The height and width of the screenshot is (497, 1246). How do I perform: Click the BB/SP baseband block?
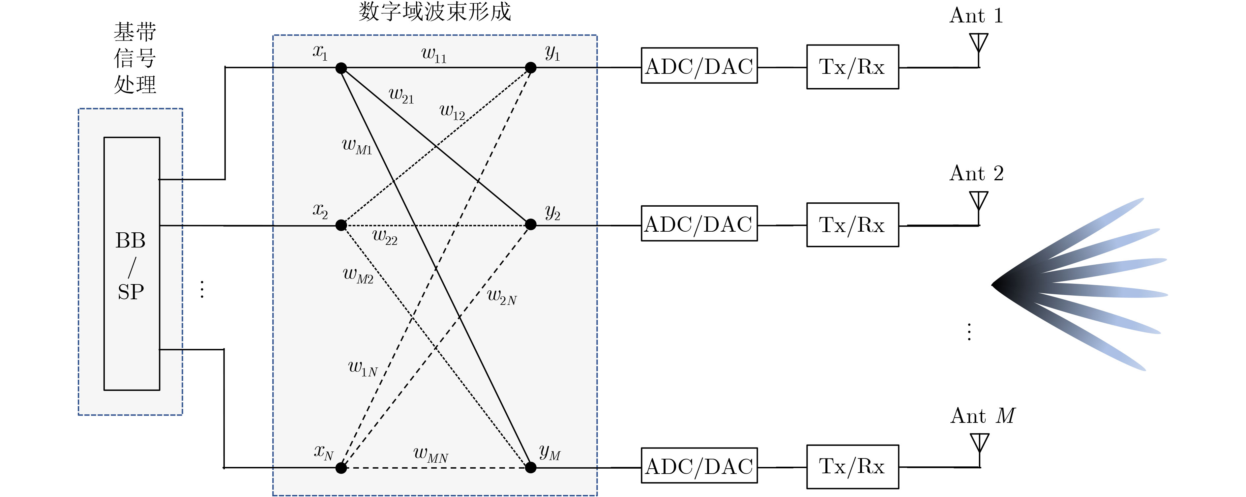click(x=132, y=263)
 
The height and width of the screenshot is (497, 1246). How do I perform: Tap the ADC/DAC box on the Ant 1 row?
click(x=699, y=65)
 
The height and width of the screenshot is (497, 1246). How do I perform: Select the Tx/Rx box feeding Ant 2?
click(x=852, y=225)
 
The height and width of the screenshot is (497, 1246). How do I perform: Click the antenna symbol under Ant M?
click(x=979, y=450)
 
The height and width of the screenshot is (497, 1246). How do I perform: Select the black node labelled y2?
click(x=531, y=224)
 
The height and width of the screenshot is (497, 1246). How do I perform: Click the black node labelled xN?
click(x=341, y=468)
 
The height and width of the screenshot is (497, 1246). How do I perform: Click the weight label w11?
click(x=434, y=55)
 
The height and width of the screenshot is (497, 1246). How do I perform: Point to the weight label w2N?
click(x=502, y=296)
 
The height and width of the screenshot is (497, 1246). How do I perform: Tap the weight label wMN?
click(x=430, y=454)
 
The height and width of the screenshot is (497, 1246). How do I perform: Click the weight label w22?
click(x=385, y=237)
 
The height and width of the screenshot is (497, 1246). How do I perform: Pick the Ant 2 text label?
click(x=977, y=173)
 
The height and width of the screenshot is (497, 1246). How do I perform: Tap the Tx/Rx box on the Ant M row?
click(x=852, y=467)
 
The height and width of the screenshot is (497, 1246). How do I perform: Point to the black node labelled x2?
click(x=341, y=225)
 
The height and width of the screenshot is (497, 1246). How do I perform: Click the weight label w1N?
click(x=363, y=368)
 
